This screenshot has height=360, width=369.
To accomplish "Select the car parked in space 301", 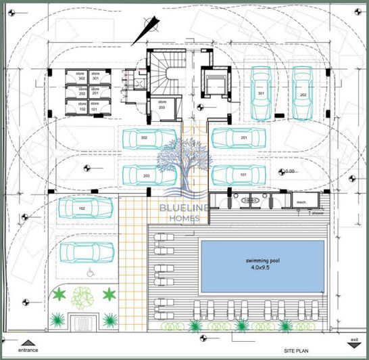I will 261,93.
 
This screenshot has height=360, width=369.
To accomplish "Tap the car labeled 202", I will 303,93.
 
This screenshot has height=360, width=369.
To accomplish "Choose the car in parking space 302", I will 145,139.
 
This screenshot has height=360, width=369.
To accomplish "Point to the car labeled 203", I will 146,175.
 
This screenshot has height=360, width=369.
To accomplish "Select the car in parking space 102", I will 83,209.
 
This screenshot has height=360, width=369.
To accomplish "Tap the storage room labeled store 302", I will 81,78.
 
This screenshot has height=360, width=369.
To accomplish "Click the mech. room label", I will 301,202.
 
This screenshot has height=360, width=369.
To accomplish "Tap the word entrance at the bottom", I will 28,351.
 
